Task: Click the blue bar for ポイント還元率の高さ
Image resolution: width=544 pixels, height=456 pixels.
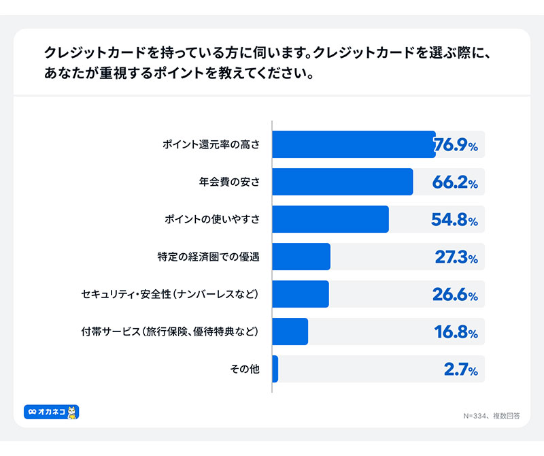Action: pos(354,144)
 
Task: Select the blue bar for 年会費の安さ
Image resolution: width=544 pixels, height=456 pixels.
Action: pos(343,182)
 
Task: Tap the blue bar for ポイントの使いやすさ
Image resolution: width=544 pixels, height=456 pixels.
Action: pos(330,219)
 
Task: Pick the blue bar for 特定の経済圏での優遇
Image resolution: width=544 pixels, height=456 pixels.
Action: pos(301,257)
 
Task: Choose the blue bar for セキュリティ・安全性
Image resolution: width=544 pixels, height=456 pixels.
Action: pos(301,294)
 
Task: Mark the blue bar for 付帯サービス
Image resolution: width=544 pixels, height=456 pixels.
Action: pos(290,331)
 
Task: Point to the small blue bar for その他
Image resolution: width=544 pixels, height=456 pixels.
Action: pos(275,369)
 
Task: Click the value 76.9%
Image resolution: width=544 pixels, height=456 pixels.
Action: pos(456,144)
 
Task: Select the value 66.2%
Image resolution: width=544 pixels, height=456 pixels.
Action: pos(455,182)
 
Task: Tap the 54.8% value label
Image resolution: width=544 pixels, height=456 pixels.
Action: pos(455,220)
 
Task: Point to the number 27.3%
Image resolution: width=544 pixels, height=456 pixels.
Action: pos(456,257)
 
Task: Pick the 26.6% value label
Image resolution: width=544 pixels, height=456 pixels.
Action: pos(455,295)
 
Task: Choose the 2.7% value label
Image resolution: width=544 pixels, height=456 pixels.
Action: pos(460,370)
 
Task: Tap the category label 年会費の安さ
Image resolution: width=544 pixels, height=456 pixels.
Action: pos(230,182)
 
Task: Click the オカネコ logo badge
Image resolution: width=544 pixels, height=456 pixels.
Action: pos(51,412)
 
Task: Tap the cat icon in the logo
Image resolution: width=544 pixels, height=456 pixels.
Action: pos(72,412)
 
